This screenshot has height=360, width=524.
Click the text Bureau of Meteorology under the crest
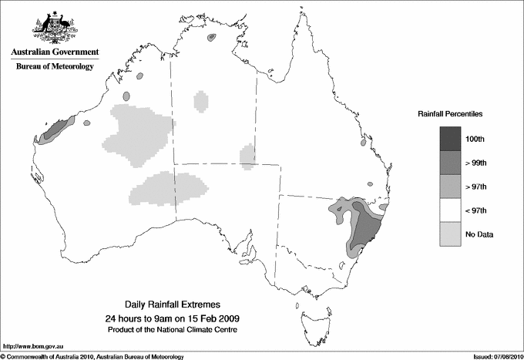[x=55, y=67]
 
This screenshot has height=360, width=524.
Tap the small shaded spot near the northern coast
[x=212, y=37]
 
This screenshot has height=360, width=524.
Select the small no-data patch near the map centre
[x=247, y=156]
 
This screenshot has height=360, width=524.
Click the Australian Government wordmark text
[x=55, y=52]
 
